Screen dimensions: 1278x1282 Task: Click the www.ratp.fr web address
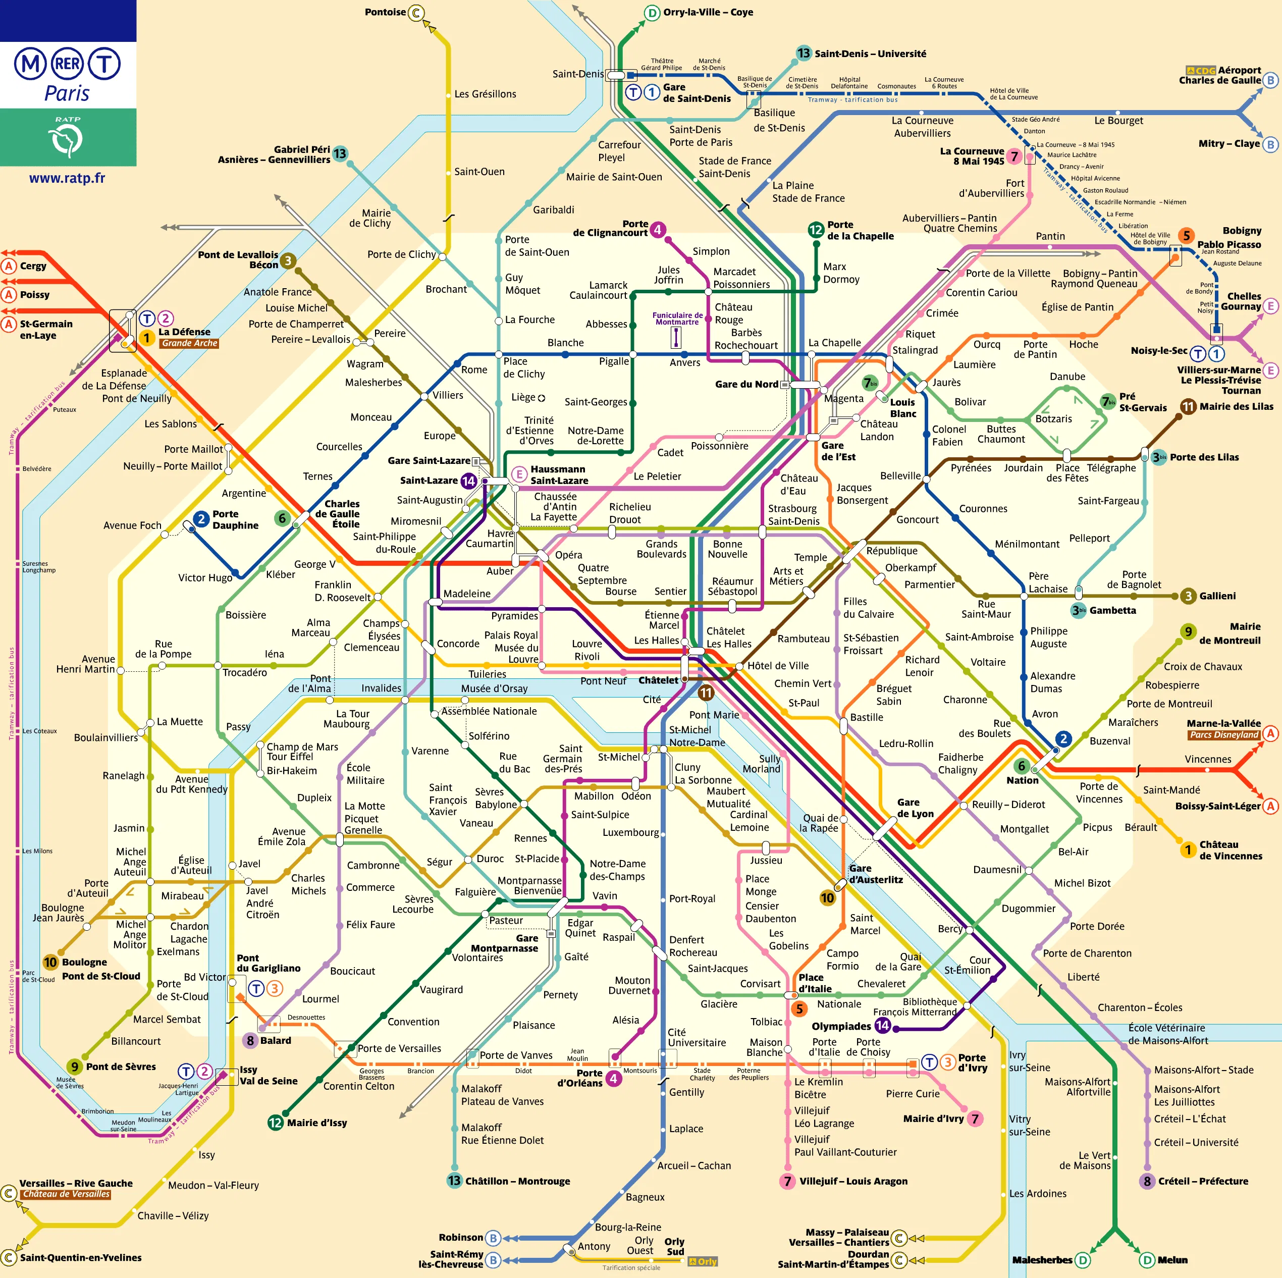click(x=67, y=178)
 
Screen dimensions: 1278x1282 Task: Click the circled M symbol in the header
click(x=30, y=65)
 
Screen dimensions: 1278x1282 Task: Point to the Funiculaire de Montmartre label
click(x=677, y=318)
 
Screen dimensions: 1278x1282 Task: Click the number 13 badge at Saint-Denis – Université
click(x=804, y=53)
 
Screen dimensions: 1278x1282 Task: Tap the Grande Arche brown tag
click(x=189, y=343)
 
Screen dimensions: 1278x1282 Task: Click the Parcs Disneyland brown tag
click(x=1223, y=734)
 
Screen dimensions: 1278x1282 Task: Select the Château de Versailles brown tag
click(x=66, y=1194)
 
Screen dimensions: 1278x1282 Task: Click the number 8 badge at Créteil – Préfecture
click(x=1147, y=1181)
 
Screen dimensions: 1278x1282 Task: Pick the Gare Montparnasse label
click(x=504, y=943)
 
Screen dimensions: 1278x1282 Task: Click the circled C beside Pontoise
click(x=416, y=13)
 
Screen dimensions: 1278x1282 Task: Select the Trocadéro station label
click(x=244, y=672)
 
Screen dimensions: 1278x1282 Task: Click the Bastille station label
click(x=866, y=717)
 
